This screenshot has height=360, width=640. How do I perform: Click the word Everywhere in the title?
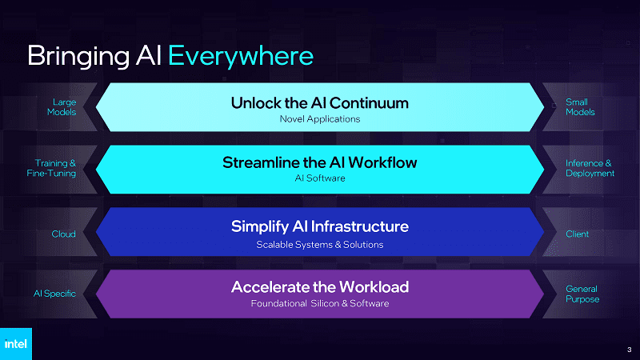(x=241, y=55)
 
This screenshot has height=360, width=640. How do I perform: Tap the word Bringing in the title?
(x=78, y=56)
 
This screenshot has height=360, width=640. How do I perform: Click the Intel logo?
(x=15, y=344)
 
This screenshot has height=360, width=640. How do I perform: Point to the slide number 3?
(x=629, y=350)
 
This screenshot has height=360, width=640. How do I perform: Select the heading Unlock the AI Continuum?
(x=319, y=103)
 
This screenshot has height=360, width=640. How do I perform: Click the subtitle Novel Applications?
(x=319, y=118)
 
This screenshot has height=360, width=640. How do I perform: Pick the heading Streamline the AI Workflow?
(x=319, y=162)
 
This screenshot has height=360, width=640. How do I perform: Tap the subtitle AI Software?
(x=319, y=178)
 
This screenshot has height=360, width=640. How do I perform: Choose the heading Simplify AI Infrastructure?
(x=319, y=226)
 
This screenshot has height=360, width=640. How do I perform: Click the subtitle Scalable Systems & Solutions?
(x=319, y=245)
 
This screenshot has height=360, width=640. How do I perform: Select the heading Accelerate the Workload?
(x=319, y=287)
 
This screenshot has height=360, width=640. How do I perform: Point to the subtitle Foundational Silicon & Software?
(x=319, y=303)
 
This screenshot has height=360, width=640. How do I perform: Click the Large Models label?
(x=62, y=107)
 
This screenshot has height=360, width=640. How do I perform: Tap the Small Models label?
(x=580, y=107)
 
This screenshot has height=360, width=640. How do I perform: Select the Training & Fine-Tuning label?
(x=51, y=168)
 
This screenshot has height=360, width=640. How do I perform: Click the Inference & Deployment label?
(x=590, y=168)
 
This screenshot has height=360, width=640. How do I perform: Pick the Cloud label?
(x=63, y=234)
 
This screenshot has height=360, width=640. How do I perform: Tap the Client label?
(x=577, y=234)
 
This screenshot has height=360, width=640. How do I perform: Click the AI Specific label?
(x=54, y=294)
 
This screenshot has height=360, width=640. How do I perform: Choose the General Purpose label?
(x=582, y=294)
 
